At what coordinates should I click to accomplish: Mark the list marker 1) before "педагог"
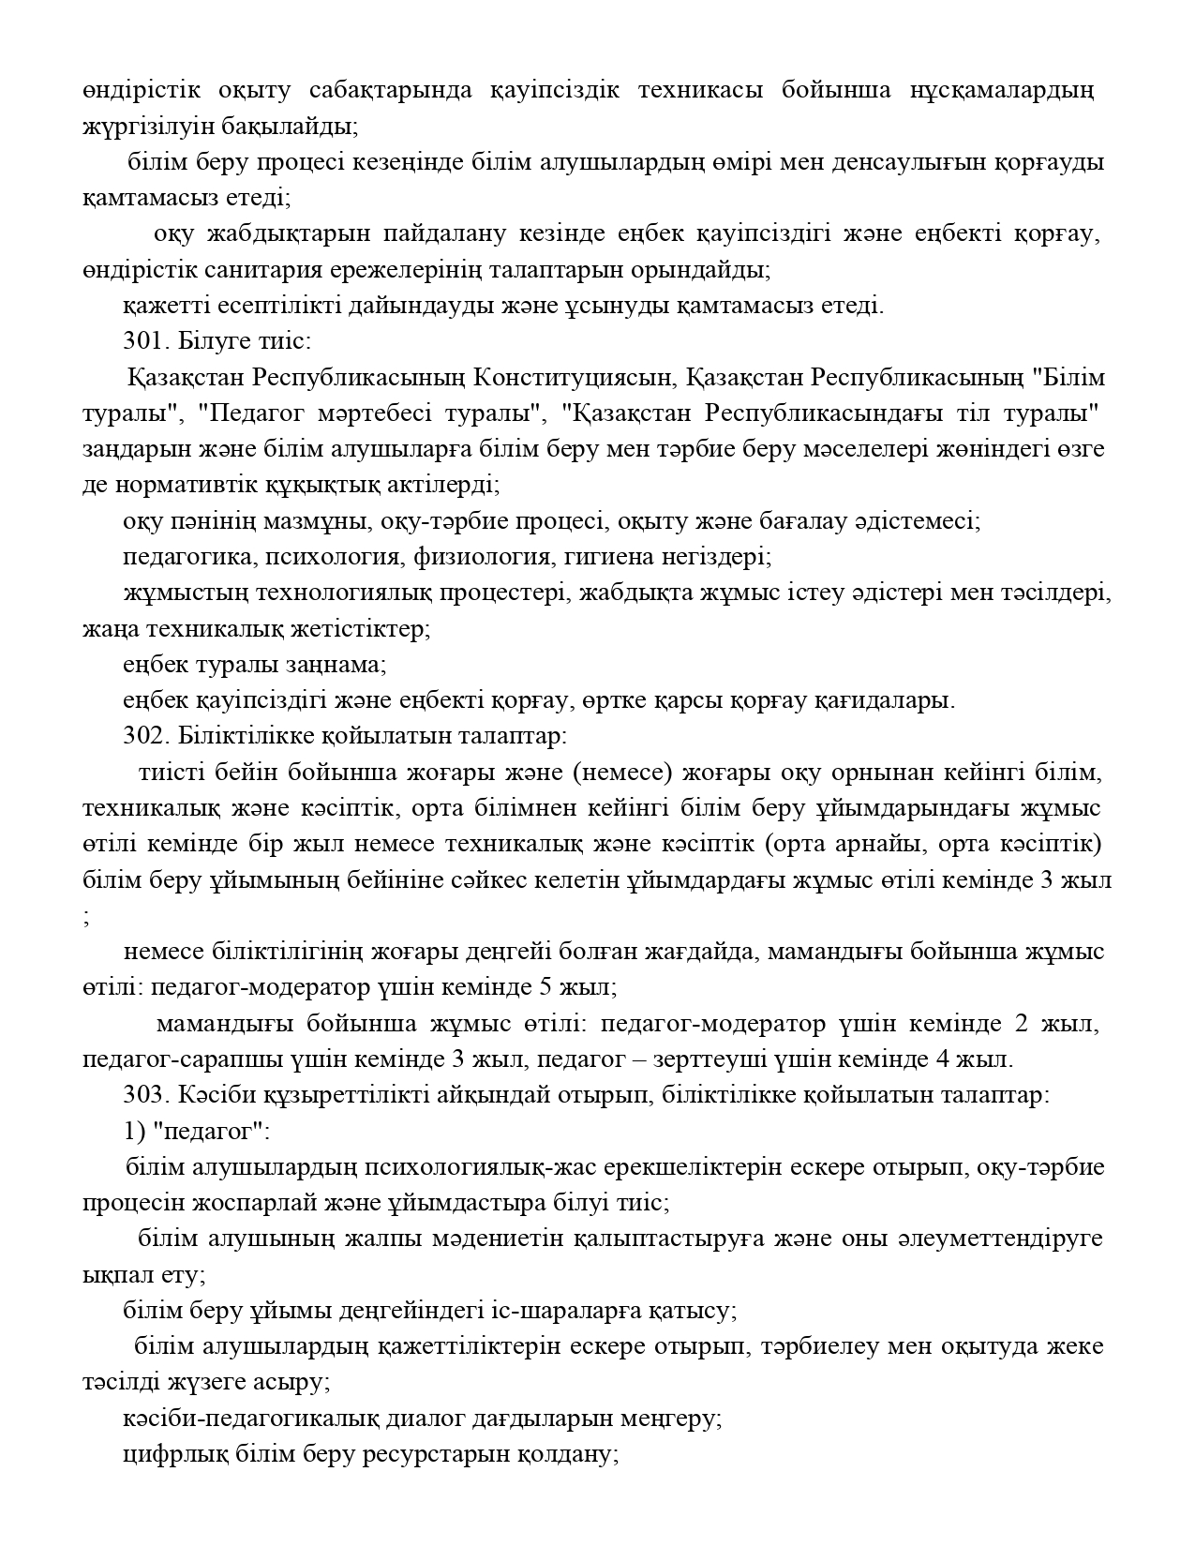click(x=132, y=1131)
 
